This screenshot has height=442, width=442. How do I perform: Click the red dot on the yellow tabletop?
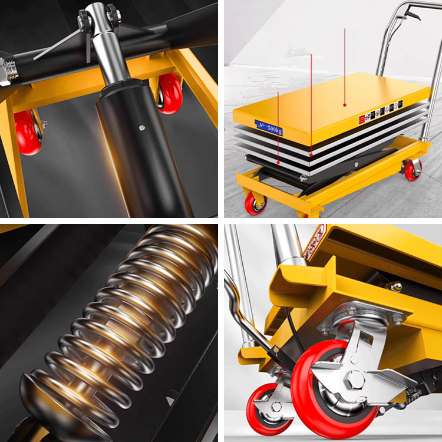coord(345,105)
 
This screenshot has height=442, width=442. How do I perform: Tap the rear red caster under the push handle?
coord(413,169)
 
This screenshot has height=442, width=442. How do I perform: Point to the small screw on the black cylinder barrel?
coord(141,126)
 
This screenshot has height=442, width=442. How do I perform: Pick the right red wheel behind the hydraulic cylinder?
coord(170,93)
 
